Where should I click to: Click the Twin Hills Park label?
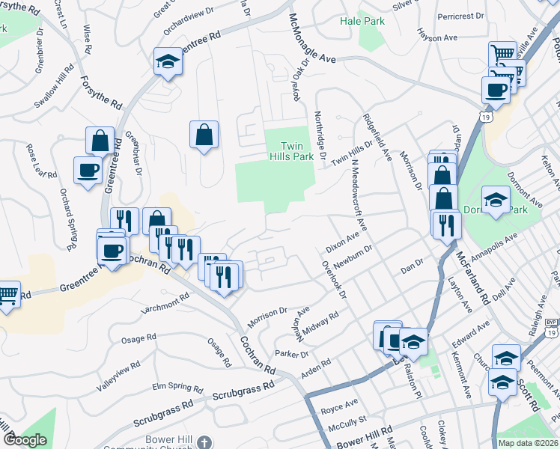click(291, 152)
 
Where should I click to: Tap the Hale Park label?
click(362, 22)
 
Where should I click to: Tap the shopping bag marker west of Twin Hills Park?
click(204, 135)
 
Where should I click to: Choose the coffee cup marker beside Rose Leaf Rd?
click(88, 170)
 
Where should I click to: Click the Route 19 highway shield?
click(487, 118)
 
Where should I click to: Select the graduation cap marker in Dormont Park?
click(496, 200)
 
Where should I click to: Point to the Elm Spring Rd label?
click(178, 388)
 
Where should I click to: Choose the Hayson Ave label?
click(437, 37)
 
